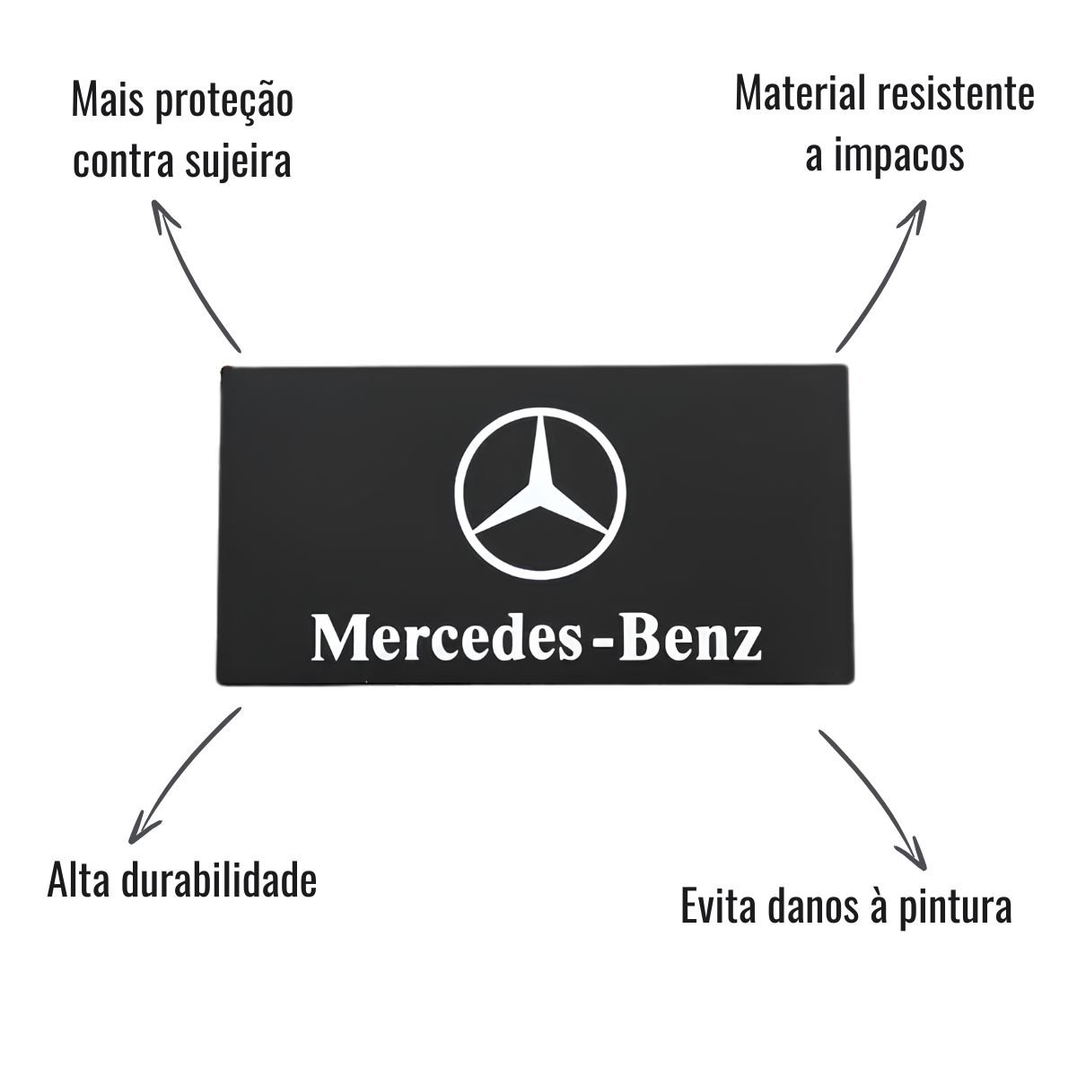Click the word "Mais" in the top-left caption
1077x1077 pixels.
pyautogui.click(x=108, y=100)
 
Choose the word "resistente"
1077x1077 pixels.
pyautogui.click(x=956, y=94)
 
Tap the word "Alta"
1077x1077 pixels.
pyautogui.click(x=78, y=882)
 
